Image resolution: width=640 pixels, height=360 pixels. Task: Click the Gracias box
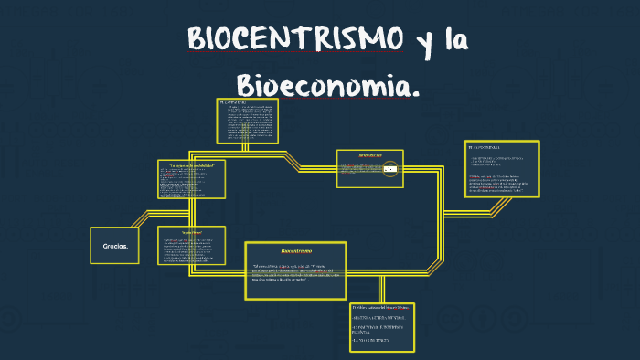tap(114, 245)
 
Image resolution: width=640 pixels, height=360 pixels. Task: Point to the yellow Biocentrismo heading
tap(295, 250)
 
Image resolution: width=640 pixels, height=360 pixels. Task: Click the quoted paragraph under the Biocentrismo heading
tap(295, 272)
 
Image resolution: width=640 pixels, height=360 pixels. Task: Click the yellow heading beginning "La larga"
tap(191, 164)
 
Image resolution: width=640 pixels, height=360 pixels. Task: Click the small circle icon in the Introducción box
tap(390, 169)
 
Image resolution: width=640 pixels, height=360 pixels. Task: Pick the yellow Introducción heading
tap(369, 155)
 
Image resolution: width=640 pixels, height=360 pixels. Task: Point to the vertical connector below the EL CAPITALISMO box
tap(245, 146)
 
